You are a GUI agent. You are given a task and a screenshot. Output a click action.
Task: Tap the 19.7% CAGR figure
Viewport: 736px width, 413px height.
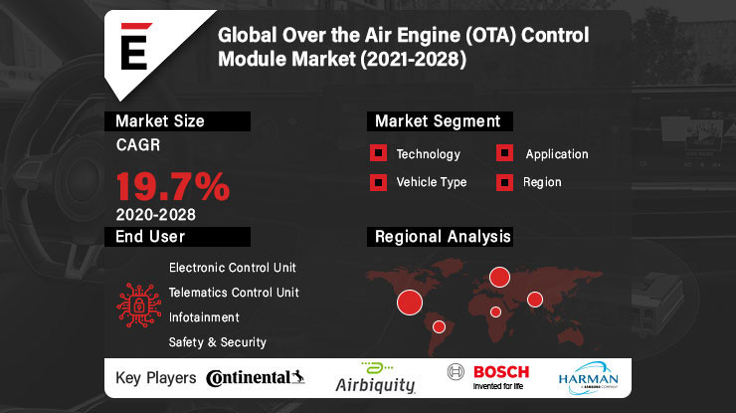(x=173, y=186)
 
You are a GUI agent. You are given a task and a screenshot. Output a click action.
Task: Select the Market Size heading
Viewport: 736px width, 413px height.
(x=160, y=121)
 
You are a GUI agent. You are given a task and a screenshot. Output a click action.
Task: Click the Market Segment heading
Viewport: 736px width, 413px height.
(x=437, y=121)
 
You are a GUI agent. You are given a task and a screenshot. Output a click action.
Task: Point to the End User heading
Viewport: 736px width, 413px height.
(x=150, y=236)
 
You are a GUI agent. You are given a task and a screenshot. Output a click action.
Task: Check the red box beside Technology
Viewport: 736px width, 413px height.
(x=378, y=153)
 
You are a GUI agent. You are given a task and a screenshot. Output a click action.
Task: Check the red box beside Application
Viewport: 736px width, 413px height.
(x=505, y=153)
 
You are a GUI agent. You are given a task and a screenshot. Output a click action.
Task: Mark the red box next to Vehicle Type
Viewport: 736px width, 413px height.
(x=378, y=182)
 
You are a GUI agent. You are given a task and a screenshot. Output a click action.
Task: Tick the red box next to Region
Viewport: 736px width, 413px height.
(x=505, y=182)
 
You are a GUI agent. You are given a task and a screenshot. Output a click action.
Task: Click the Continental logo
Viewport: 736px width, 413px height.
(x=255, y=377)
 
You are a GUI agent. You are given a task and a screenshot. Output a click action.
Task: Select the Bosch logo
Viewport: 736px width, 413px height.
(x=489, y=375)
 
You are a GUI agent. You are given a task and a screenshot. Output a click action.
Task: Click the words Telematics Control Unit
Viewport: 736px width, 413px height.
(x=234, y=293)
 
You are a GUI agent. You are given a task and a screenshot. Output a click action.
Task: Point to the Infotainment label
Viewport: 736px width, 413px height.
(x=204, y=317)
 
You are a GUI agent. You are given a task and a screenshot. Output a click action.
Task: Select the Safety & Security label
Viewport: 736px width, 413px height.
(x=217, y=342)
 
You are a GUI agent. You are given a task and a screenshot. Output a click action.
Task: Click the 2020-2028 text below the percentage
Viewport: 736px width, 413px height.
(x=154, y=213)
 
